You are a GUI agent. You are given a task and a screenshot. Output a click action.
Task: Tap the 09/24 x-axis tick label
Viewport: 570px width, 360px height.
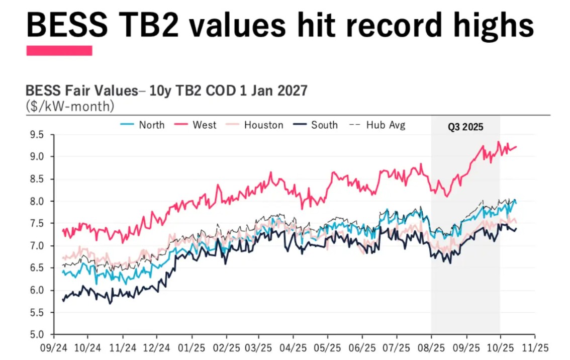pyautogui.click(x=54, y=347)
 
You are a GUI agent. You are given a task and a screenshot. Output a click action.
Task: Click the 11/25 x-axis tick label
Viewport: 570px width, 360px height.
pyautogui.click(x=534, y=347)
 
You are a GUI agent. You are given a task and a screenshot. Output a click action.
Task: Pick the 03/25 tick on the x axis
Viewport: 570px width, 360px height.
pyautogui.click(x=259, y=347)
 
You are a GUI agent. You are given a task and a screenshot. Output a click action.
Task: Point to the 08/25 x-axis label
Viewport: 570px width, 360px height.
pyautogui.click(x=431, y=347)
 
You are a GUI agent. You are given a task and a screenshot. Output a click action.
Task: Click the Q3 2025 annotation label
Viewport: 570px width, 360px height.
pyautogui.click(x=465, y=127)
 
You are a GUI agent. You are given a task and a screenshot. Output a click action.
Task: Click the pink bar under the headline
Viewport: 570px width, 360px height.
pyautogui.click(x=59, y=50)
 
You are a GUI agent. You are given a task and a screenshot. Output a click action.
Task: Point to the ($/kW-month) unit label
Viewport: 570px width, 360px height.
pyautogui.click(x=70, y=106)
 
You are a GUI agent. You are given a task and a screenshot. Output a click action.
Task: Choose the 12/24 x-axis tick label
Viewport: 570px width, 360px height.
pyautogui.click(x=156, y=347)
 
